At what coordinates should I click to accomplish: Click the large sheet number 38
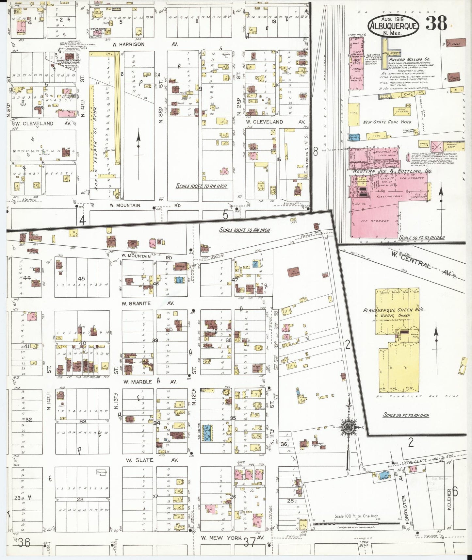point(436,23)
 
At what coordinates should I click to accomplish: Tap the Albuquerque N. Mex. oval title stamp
point(393,26)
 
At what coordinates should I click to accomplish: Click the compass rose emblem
point(348,428)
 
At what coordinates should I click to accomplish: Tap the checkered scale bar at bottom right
point(356,524)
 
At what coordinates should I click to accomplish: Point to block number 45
point(82,278)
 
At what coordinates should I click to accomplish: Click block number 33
point(83,421)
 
